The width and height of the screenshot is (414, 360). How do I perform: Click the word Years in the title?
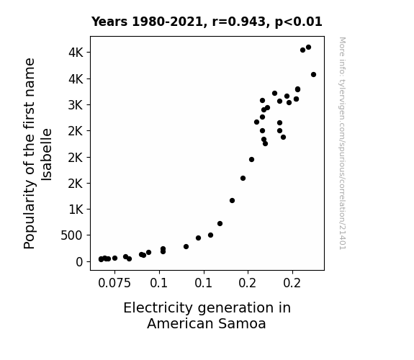(x=109, y=22)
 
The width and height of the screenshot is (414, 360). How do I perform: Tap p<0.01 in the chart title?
(x=298, y=22)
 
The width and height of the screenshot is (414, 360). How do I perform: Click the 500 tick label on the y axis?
(x=72, y=235)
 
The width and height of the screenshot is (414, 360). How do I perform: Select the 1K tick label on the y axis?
(x=76, y=210)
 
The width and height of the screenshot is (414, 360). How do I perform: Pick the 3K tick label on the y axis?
(x=76, y=105)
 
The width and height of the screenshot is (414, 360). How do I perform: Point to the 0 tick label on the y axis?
(x=79, y=262)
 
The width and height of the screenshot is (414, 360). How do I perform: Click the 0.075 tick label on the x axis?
(x=114, y=283)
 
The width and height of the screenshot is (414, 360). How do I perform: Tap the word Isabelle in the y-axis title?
(x=47, y=155)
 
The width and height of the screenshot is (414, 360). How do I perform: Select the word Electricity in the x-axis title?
(x=158, y=308)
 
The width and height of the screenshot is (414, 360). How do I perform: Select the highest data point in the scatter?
(x=308, y=48)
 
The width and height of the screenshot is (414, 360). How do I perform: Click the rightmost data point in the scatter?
(x=313, y=74)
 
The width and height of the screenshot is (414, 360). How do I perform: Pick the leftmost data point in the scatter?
(x=101, y=259)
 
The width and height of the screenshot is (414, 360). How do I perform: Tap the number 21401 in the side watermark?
(x=343, y=238)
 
